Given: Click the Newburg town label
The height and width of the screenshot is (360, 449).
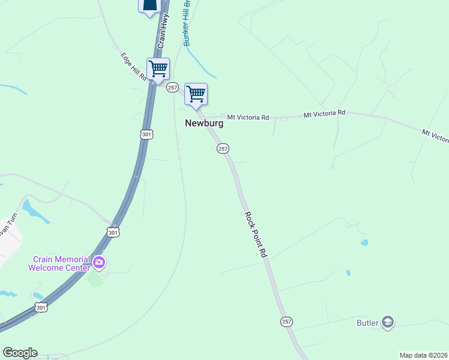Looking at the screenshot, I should (204, 123).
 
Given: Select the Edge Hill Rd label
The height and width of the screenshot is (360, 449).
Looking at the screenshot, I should (134, 67).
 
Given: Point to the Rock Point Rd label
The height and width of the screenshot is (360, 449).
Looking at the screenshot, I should (255, 235).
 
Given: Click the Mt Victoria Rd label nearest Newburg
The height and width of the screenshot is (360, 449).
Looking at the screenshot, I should (248, 118).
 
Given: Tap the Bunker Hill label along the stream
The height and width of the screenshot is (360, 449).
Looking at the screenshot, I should (187, 26).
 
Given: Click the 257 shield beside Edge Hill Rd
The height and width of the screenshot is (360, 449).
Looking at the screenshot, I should (173, 88).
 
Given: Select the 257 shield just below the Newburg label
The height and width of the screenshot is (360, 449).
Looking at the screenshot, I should (223, 148).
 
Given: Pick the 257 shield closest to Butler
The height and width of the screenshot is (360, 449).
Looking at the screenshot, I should (286, 322).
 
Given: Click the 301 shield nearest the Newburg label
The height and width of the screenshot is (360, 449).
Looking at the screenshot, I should (147, 135).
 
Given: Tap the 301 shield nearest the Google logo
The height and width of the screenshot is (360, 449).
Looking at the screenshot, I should (40, 308).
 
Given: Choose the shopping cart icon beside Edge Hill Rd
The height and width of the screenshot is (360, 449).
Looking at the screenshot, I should (158, 68).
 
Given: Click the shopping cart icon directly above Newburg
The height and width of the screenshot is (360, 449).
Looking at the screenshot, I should (196, 94).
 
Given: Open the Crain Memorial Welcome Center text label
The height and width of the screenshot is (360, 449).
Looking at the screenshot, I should (59, 263).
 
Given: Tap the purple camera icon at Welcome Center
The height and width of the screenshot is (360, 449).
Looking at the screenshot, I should (99, 262).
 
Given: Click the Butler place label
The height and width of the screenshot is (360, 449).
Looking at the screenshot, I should (367, 323).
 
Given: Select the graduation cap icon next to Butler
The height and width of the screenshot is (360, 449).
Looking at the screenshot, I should (387, 323).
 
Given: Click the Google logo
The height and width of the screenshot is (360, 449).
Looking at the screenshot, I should (20, 353).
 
